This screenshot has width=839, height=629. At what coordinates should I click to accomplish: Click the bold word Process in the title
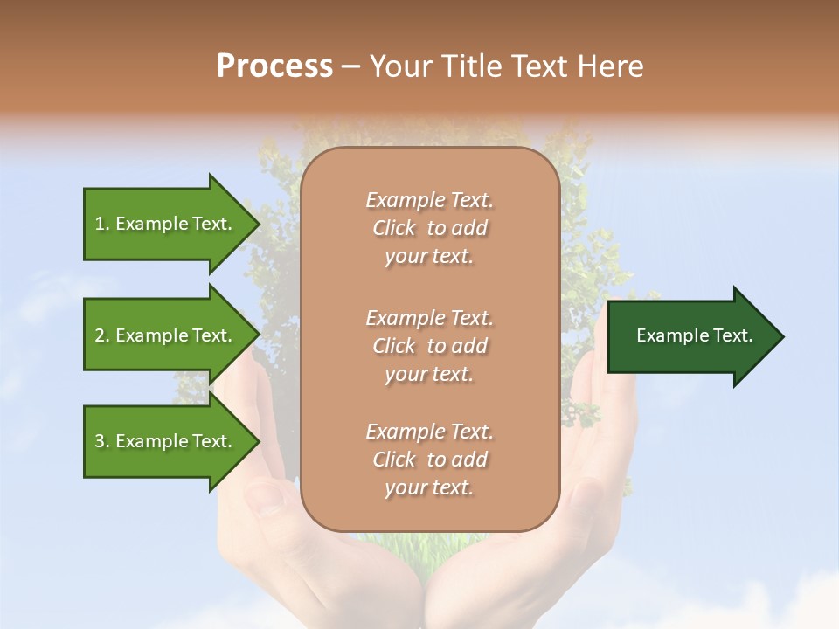274,66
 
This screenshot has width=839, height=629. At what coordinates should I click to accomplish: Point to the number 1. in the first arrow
102,224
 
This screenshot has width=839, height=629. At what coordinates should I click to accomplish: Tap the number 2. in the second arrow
102,335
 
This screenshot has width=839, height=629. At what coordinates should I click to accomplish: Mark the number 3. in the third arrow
102,441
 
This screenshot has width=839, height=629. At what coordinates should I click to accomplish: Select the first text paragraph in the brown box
429,228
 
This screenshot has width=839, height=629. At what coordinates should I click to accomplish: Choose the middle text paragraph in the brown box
429,345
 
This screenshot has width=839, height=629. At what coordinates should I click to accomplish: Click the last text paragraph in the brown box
429,460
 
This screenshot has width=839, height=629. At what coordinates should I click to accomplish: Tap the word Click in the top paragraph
394,228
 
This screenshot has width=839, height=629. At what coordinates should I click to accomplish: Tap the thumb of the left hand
271,498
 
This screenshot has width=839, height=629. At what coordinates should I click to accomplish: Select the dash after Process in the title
350,66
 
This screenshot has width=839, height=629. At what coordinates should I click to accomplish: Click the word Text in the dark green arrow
732,335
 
